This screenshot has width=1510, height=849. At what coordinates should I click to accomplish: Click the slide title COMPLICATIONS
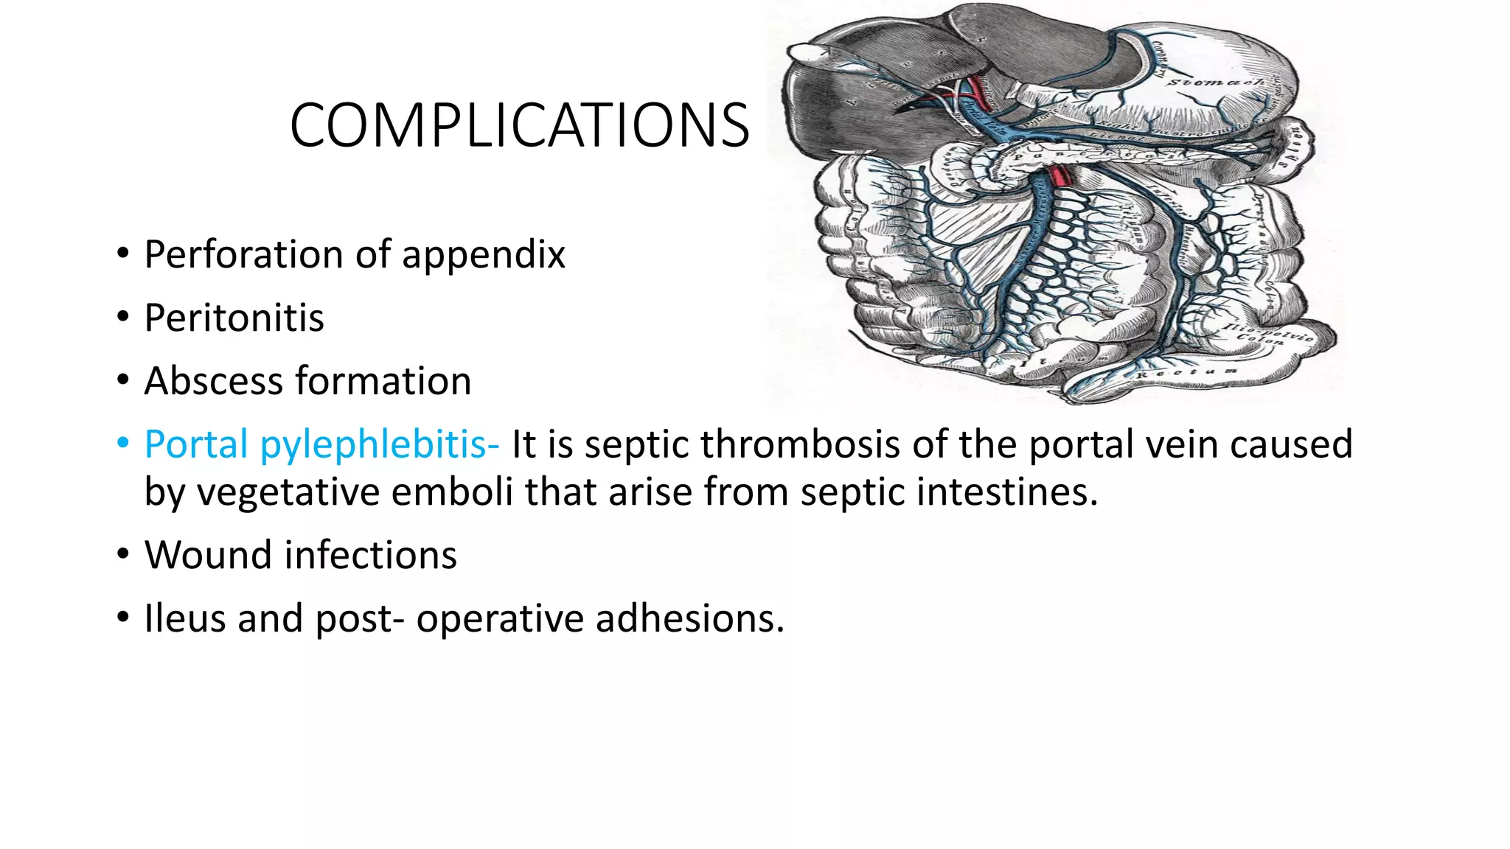pos(520,125)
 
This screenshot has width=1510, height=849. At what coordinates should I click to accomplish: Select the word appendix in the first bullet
pos(483,256)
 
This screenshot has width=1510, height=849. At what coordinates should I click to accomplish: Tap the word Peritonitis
pos(234,318)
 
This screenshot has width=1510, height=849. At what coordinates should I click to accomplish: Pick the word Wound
pos(200,555)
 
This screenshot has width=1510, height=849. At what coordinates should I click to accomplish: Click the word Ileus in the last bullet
pos(184,618)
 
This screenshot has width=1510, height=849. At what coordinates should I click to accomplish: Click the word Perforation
pos(244,256)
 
